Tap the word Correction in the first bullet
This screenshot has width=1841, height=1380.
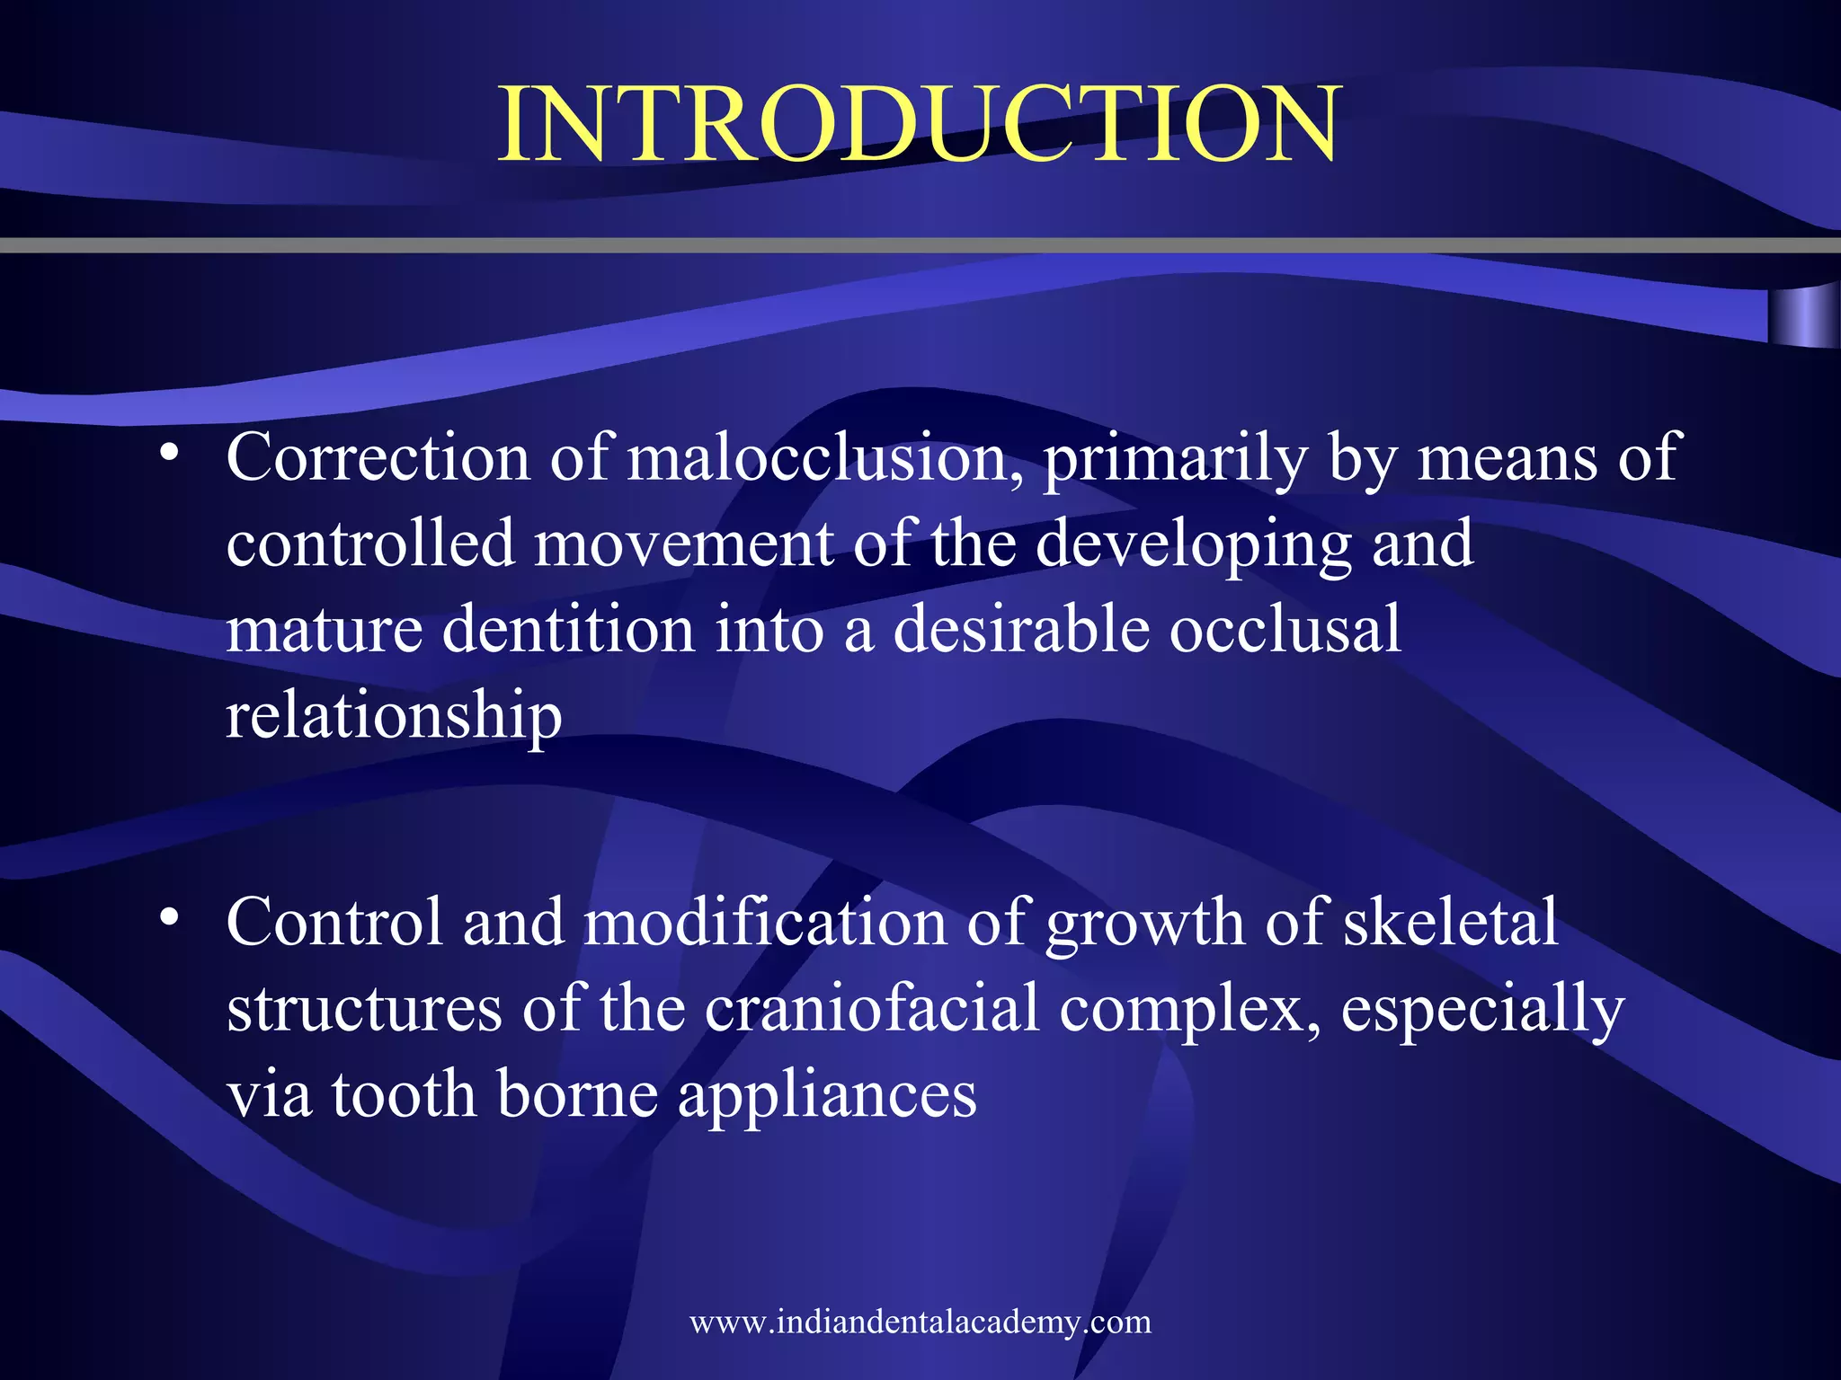coord(378,458)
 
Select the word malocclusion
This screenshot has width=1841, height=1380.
coord(825,458)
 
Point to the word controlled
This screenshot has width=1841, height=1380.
coord(369,544)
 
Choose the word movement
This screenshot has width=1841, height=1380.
coord(683,545)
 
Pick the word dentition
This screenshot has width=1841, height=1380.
coord(568,630)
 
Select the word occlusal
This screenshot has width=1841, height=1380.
coord(1285,630)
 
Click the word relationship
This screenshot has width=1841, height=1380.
coord(394,716)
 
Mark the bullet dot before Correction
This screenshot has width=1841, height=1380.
coord(168,453)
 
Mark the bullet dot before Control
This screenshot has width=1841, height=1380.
coord(168,917)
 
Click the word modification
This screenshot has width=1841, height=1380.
coord(765,923)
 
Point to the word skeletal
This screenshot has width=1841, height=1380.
coord(1450,923)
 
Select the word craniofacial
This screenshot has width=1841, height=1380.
coord(871,1009)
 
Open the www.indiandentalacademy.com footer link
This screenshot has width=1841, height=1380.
coord(920,1322)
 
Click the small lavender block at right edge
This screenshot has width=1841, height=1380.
coord(1803,316)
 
